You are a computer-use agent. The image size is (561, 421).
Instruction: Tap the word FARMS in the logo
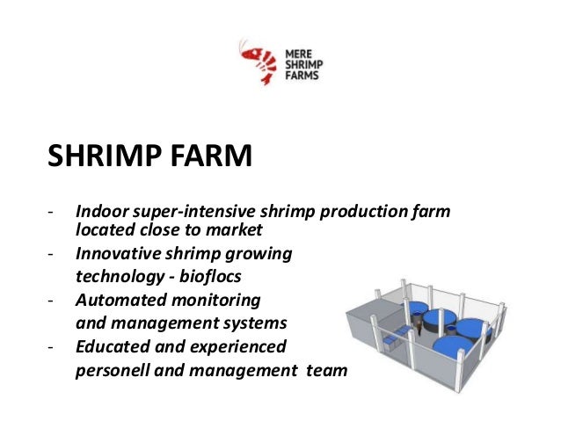(301, 75)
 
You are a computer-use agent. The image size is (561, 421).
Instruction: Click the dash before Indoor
(54, 213)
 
